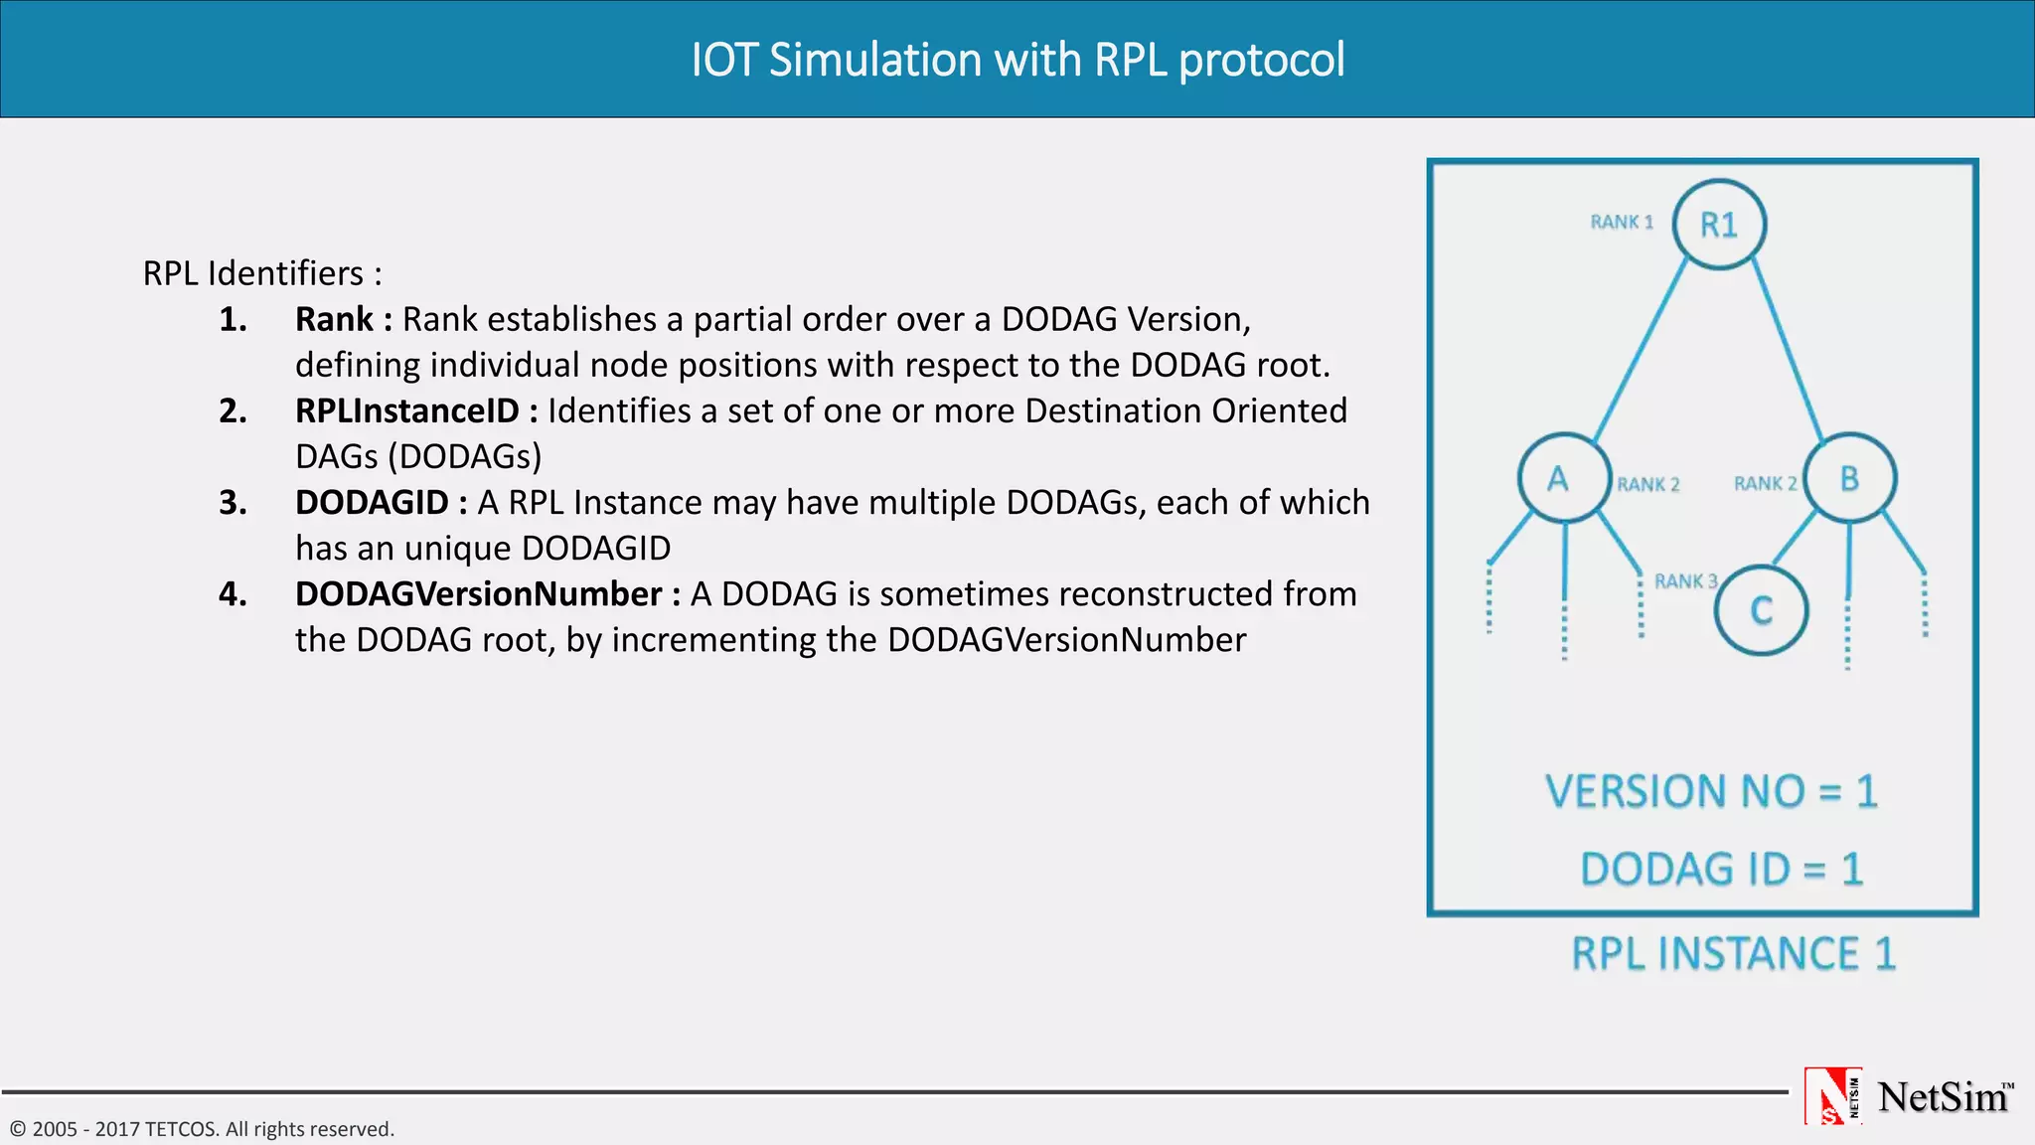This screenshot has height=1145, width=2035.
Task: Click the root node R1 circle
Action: coord(1719,225)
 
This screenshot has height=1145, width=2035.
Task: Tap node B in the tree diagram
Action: coord(1849,478)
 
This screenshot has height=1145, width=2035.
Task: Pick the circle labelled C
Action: coord(1761,610)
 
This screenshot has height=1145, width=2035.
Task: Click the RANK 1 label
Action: coord(1622,222)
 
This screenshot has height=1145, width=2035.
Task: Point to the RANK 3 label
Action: coord(1685,581)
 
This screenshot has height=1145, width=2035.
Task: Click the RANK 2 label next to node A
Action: coord(1647,484)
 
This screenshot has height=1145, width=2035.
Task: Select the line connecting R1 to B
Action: coord(1787,348)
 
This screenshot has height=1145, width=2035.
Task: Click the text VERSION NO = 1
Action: coord(1711,792)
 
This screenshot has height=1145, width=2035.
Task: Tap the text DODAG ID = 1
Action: coord(1721,870)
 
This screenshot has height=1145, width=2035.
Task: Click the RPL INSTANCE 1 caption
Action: coord(1734,954)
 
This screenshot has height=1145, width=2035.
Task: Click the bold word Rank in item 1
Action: coord(334,319)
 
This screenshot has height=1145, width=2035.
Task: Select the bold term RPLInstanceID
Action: coord(407,410)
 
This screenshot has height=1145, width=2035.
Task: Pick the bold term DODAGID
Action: coord(373,502)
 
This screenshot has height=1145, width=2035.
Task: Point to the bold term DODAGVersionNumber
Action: coord(479,593)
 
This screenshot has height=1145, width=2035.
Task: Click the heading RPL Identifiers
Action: coord(262,273)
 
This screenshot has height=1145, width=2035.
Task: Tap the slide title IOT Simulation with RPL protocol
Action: coord(1017,60)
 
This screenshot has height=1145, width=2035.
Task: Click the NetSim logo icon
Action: coord(1832,1096)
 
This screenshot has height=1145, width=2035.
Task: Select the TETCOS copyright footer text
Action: coord(202,1129)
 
